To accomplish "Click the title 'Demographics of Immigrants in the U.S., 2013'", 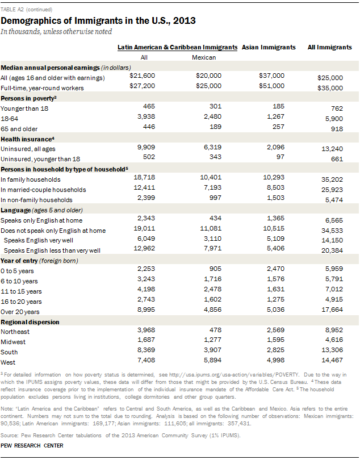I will pyautogui.click(x=98, y=21).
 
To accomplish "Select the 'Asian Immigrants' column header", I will pyautogui.click(x=269, y=47).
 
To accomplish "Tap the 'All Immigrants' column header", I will pyautogui.click(x=329, y=47).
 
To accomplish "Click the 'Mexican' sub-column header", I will pyautogui.click(x=204, y=57).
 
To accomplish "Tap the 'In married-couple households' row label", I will pyautogui.click(x=43, y=189).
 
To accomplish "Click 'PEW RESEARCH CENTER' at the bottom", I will pyautogui.click(x=32, y=446).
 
